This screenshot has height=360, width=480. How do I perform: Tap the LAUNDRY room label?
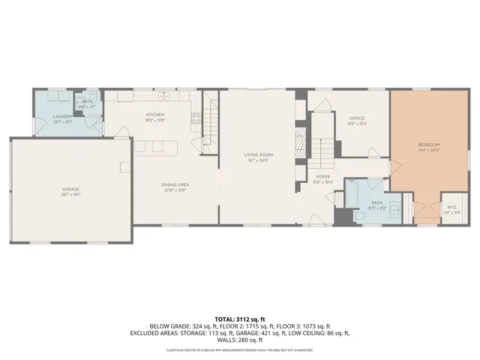point(62,116)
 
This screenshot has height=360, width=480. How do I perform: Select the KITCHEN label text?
point(155,115)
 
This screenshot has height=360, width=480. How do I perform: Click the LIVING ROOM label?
point(257,155)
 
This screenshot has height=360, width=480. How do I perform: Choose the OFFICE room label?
point(356,118)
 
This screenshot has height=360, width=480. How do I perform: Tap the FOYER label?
point(322,177)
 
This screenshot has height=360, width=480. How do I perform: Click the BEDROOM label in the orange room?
point(428,144)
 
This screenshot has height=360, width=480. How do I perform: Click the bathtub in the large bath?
point(352,198)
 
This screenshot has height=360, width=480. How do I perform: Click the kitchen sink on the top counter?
point(163,95)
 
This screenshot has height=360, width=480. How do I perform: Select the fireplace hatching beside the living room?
point(300,143)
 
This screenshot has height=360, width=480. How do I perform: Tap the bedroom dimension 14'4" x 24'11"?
point(428,149)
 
